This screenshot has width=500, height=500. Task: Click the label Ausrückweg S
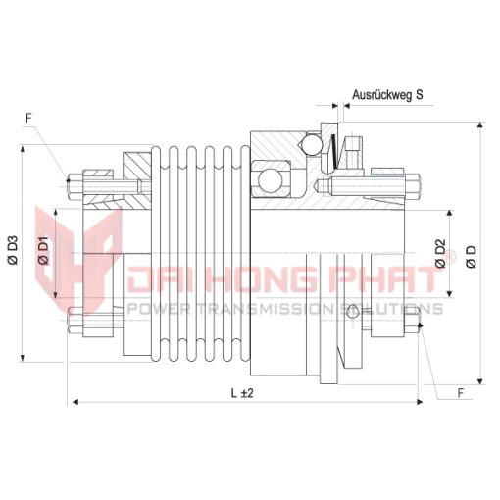tap(387, 95)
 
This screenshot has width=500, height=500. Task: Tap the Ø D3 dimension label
tap(13, 250)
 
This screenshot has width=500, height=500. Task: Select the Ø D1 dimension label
tap(43, 251)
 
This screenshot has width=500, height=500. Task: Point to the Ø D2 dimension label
tap(440, 254)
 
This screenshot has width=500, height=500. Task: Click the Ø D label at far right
tap(472, 257)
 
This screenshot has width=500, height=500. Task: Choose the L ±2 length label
tap(242, 393)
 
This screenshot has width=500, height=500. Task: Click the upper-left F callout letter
tap(28, 118)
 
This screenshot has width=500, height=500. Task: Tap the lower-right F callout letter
tap(461, 393)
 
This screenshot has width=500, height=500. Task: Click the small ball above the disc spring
tap(312, 144)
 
